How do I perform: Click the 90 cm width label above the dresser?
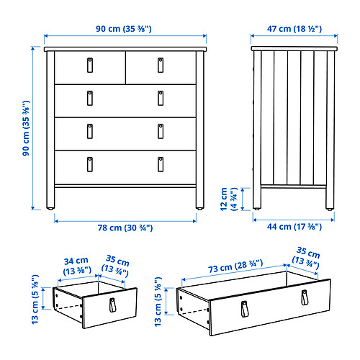124,29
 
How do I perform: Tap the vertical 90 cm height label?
26,128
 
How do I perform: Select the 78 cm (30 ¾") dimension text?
125,228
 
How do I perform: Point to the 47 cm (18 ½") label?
294,29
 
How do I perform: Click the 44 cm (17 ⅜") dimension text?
294,227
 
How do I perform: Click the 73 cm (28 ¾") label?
235,266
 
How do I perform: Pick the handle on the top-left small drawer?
90,65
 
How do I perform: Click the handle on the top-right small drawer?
161,65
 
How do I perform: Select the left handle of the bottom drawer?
90,164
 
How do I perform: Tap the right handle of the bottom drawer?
161,164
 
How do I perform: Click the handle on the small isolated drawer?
112,305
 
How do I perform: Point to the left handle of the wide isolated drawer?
244,309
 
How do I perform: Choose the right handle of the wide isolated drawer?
305,297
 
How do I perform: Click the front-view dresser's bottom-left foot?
50,209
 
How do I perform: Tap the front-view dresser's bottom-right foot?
199,209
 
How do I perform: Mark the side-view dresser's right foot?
330,209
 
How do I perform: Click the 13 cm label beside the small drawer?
35,299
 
